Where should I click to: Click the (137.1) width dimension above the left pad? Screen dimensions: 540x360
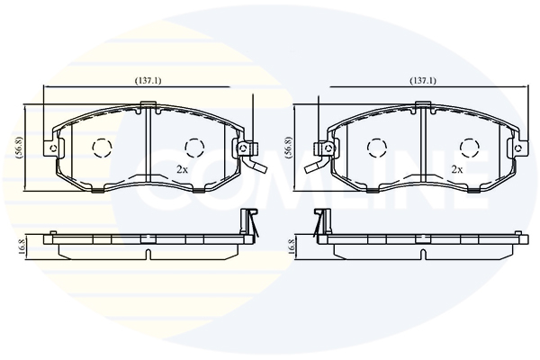148,81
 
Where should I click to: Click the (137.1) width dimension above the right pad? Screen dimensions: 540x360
423,81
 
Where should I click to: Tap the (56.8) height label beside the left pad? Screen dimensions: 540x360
19,147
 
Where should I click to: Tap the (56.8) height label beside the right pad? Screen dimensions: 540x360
288,147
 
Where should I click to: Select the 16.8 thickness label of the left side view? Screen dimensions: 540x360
22,247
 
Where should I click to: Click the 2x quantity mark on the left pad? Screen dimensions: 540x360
182,169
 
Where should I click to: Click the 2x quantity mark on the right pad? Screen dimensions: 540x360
457,169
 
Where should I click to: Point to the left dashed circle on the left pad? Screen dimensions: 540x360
102,148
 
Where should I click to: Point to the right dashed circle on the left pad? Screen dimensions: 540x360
194,148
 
